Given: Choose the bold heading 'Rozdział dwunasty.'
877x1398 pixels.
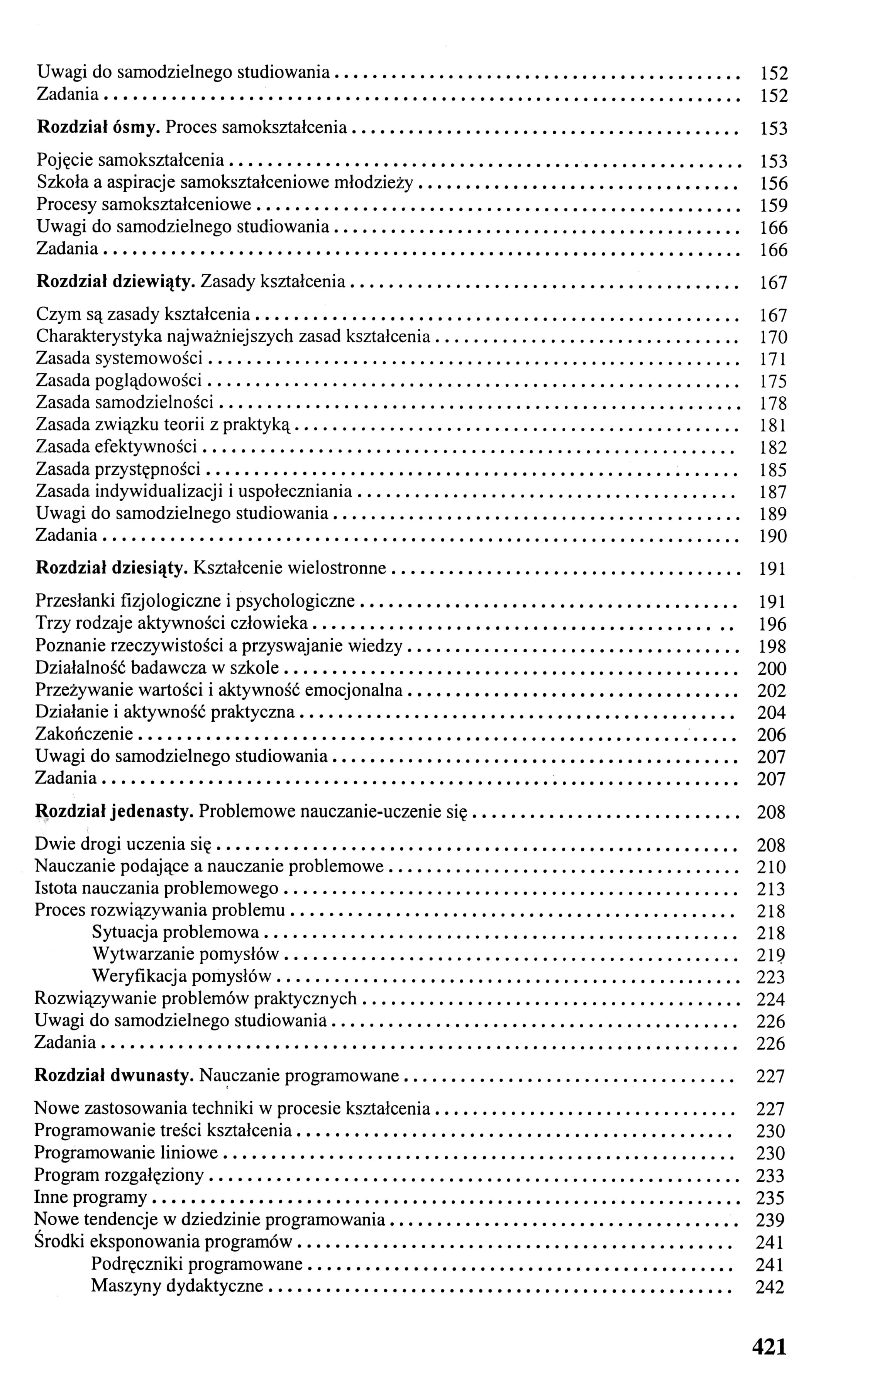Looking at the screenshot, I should [114, 1076].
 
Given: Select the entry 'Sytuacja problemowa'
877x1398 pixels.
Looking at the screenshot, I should [176, 933].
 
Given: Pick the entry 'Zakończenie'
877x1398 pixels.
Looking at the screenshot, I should [84, 734].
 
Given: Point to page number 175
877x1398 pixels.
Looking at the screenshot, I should [773, 382].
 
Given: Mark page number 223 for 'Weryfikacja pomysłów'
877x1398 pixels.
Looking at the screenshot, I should [771, 978].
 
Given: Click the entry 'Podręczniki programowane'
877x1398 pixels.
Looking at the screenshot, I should [197, 1264].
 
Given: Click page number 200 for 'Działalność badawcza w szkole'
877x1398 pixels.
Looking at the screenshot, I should [772, 669].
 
